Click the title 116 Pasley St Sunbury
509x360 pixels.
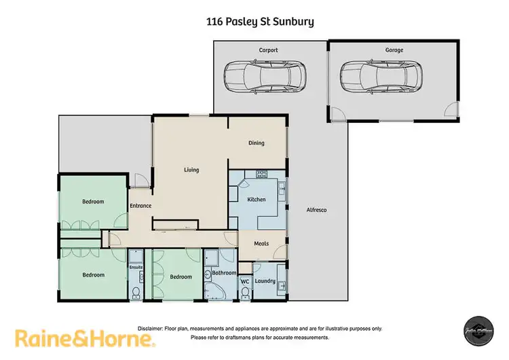(x=260, y=21)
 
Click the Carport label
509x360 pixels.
(x=268, y=50)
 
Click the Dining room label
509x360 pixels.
(x=256, y=143)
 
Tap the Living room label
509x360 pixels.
(x=191, y=170)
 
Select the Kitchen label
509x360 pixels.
(x=256, y=200)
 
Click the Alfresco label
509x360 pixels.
(x=316, y=211)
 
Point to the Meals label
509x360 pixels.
(x=262, y=243)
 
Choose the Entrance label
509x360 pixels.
(x=140, y=206)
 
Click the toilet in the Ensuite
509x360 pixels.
(x=136, y=293)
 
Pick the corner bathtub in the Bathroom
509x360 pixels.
(x=214, y=291)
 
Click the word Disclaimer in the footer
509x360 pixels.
(x=153, y=328)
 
